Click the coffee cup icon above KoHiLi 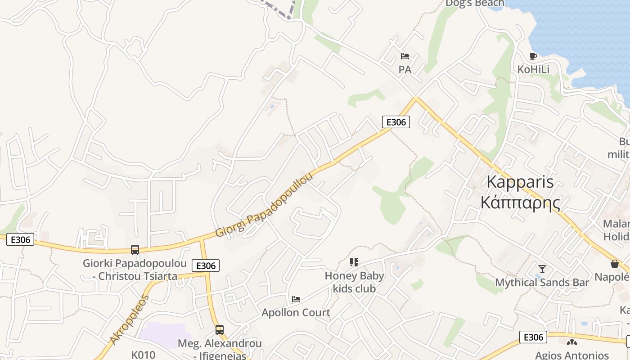[x=533, y=56]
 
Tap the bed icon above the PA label [x=405, y=56]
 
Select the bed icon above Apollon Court [x=296, y=299]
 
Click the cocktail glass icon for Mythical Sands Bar [x=542, y=269]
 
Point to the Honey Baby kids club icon [x=354, y=262]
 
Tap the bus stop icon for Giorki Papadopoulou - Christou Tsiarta [x=135, y=249]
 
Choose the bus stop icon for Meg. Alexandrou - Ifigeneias [x=219, y=329]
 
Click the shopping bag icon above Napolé [x=614, y=264]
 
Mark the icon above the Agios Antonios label [x=571, y=342]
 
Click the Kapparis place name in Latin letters [x=520, y=182]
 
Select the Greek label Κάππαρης [x=520, y=203]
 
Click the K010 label [x=143, y=355]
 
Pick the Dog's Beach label [x=475, y=4]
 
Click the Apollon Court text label [x=296, y=312]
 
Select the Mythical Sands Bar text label [x=542, y=283]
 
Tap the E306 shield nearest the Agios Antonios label [x=533, y=337]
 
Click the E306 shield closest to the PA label [x=396, y=122]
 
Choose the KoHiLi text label [x=533, y=69]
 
